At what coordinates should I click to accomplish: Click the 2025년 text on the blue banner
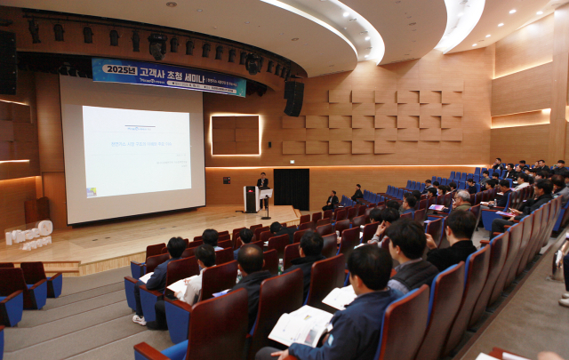pyautogui.click(x=119, y=69)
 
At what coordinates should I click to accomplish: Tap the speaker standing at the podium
pyautogui.click(x=262, y=184)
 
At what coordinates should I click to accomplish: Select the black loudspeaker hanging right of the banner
pyautogui.click(x=293, y=98)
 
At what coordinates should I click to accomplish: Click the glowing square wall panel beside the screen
pyautogui.click(x=235, y=135)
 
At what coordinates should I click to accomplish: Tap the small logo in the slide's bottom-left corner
pyautogui.click(x=91, y=191)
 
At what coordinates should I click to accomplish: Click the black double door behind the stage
pyautogui.click(x=291, y=188)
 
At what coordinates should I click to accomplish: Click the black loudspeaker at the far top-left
pyautogui.click(x=7, y=62)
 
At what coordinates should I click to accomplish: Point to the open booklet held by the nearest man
pyautogui.click(x=301, y=325)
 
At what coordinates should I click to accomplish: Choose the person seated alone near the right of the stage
pyautogui.click(x=332, y=201)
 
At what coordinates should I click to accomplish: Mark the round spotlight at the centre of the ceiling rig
pyautogui.click(x=157, y=44)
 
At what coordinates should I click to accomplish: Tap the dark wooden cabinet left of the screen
pyautogui.click(x=36, y=210)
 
